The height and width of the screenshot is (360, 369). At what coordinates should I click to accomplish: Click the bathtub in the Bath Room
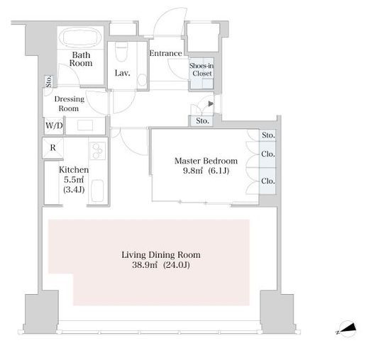[x=80, y=38]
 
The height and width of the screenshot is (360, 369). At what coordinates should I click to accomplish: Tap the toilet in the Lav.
[x=121, y=52]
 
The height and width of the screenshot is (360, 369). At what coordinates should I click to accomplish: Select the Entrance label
[x=165, y=53]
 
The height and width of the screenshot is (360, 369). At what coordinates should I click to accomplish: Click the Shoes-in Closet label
[x=202, y=69]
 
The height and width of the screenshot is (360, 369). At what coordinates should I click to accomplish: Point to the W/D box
[x=54, y=125]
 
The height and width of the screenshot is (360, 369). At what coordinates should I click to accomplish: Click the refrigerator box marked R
[x=53, y=148]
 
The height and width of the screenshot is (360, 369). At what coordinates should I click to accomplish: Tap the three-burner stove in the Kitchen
[x=97, y=150]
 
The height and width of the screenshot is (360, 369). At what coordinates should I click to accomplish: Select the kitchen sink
[x=97, y=191]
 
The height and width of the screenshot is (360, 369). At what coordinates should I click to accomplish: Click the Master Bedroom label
[x=206, y=161]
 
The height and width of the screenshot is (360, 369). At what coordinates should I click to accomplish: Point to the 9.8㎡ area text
[x=193, y=171]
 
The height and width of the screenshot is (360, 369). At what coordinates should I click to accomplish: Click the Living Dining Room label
[x=161, y=254]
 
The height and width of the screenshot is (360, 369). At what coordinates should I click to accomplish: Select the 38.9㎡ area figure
[x=145, y=265]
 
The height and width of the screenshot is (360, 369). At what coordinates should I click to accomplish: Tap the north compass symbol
[x=347, y=329]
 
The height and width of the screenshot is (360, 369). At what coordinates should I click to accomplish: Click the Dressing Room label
[x=69, y=103]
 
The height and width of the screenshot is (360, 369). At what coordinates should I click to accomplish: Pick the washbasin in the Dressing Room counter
[x=85, y=125]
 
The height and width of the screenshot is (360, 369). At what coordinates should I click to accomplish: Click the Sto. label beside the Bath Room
[x=48, y=81]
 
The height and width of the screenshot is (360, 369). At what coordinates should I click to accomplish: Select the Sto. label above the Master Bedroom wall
[x=202, y=121]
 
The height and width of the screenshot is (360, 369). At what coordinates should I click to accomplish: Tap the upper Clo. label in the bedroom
[x=268, y=154]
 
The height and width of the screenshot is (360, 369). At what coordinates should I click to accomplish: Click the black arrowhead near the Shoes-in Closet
[x=211, y=103]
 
